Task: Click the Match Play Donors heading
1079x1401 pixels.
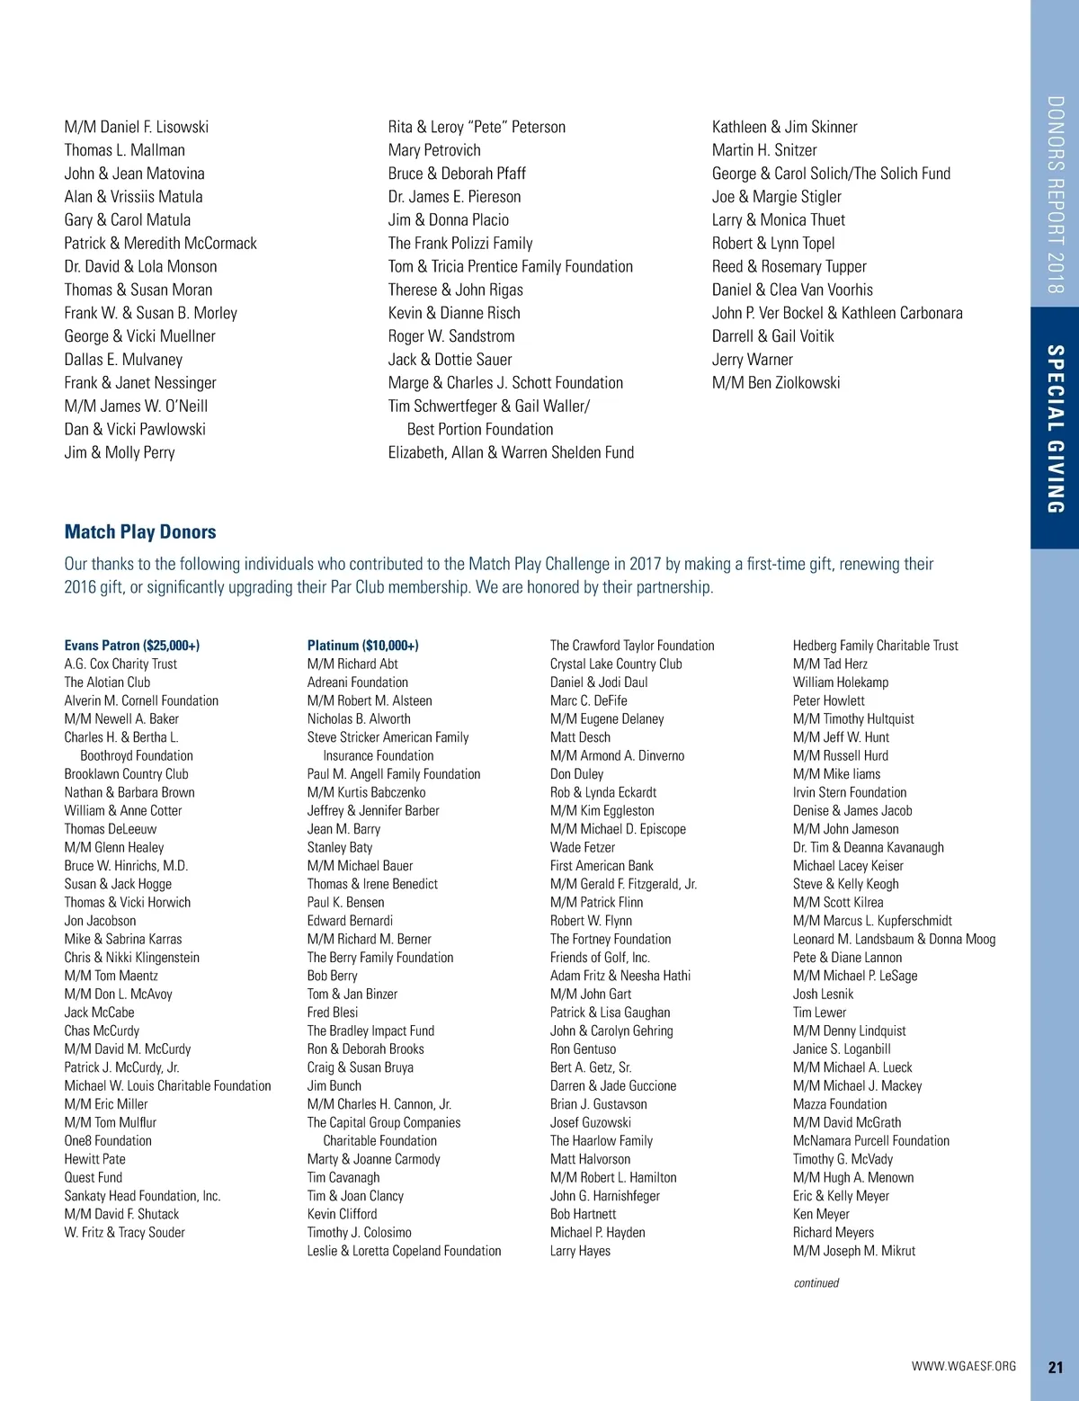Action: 140,531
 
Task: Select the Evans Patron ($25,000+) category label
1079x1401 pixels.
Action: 132,646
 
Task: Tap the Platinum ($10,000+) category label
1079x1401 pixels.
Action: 362,646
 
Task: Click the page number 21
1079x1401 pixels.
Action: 1056,1367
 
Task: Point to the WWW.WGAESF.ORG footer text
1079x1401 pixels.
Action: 963,1366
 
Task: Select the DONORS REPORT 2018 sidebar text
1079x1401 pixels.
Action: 1056,195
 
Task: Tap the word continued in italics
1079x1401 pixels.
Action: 816,1283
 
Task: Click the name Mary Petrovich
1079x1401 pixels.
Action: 434,150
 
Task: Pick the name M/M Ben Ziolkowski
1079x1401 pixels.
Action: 776,383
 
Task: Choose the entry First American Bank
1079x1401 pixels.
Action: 602,866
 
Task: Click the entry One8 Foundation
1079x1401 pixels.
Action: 108,1141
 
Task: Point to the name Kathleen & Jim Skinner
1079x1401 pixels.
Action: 784,127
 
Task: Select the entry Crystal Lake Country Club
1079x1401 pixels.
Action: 616,665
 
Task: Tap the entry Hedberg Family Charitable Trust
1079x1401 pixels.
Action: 875,646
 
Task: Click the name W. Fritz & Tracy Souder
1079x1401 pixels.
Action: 124,1233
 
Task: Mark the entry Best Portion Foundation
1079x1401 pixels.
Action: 480,430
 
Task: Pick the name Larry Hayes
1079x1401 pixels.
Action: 580,1251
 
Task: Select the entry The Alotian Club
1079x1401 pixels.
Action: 107,683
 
